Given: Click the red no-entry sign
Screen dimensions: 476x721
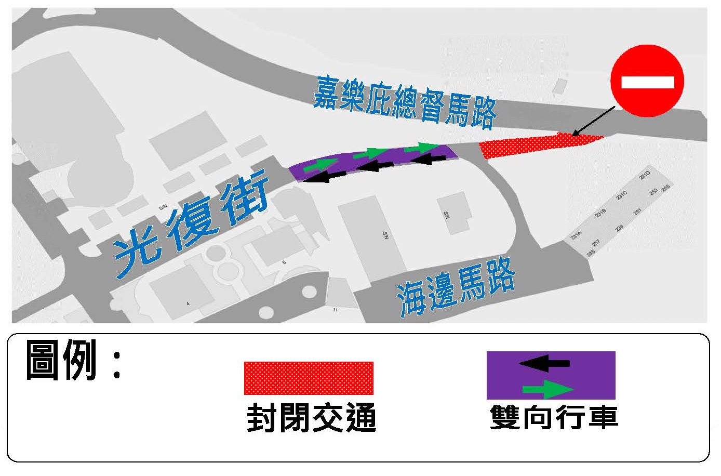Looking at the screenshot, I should (x=647, y=81).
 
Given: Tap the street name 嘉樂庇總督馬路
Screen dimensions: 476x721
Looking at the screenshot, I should (x=404, y=101).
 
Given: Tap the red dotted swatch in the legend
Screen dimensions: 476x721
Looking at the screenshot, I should (x=309, y=378).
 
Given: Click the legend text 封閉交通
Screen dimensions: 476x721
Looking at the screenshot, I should (x=311, y=418).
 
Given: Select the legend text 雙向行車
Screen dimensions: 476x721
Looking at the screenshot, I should (x=554, y=417).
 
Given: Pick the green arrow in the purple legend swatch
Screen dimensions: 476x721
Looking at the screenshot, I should (x=548, y=389).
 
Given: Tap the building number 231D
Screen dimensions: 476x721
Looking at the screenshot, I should (x=645, y=175).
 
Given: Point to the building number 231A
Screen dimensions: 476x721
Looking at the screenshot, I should (x=576, y=236).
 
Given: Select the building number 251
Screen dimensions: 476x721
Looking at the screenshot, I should (x=637, y=211).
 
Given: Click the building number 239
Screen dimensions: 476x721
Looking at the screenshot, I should (x=619, y=228).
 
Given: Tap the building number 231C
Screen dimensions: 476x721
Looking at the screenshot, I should (x=622, y=195).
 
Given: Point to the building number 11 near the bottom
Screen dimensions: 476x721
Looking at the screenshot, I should (x=336, y=310).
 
